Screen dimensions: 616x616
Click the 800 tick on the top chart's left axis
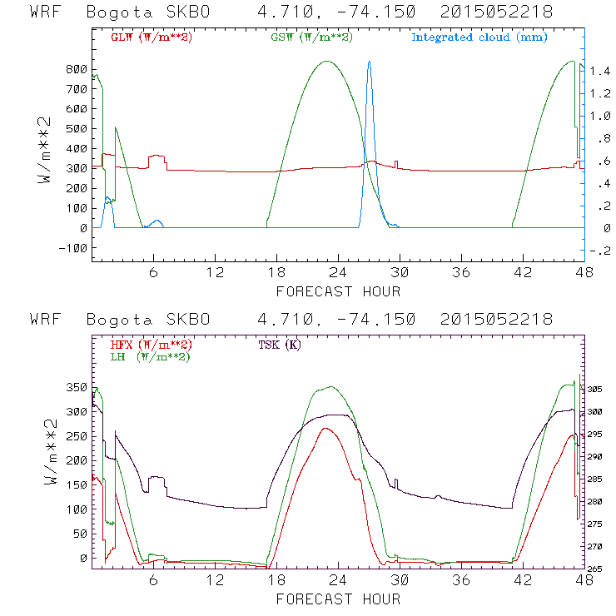[x=76, y=68]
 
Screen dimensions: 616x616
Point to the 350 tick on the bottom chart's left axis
[x=76, y=388]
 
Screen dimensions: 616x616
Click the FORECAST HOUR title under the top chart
[x=338, y=291]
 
